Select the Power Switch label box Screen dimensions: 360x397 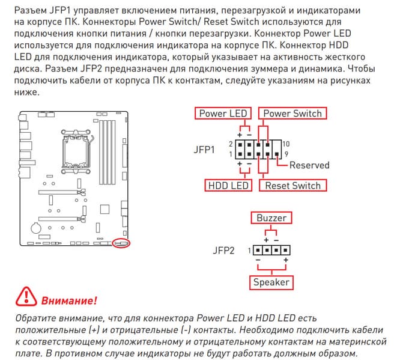pyautogui.click(x=292, y=114)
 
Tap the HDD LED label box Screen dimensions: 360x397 pyautogui.click(x=228, y=186)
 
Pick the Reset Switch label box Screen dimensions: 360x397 pyautogui.click(x=292, y=186)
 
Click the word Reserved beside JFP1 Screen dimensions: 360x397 pyautogui.click(x=309, y=165)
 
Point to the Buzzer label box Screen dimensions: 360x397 pyautogui.click(x=271, y=218)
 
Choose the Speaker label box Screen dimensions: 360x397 pyautogui.click(x=271, y=282)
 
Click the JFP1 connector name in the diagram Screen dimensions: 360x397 pyautogui.click(x=205, y=149)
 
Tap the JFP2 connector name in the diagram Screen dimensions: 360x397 pyautogui.click(x=223, y=249)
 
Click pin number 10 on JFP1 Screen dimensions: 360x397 pyautogui.click(x=286, y=144)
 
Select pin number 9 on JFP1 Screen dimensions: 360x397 pyautogui.click(x=277, y=155)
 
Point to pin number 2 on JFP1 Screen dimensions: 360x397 pyautogui.click(x=231, y=144)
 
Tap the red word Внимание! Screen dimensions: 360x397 pyautogui.click(x=69, y=299)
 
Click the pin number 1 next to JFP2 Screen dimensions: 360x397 pyautogui.click(x=247, y=249)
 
